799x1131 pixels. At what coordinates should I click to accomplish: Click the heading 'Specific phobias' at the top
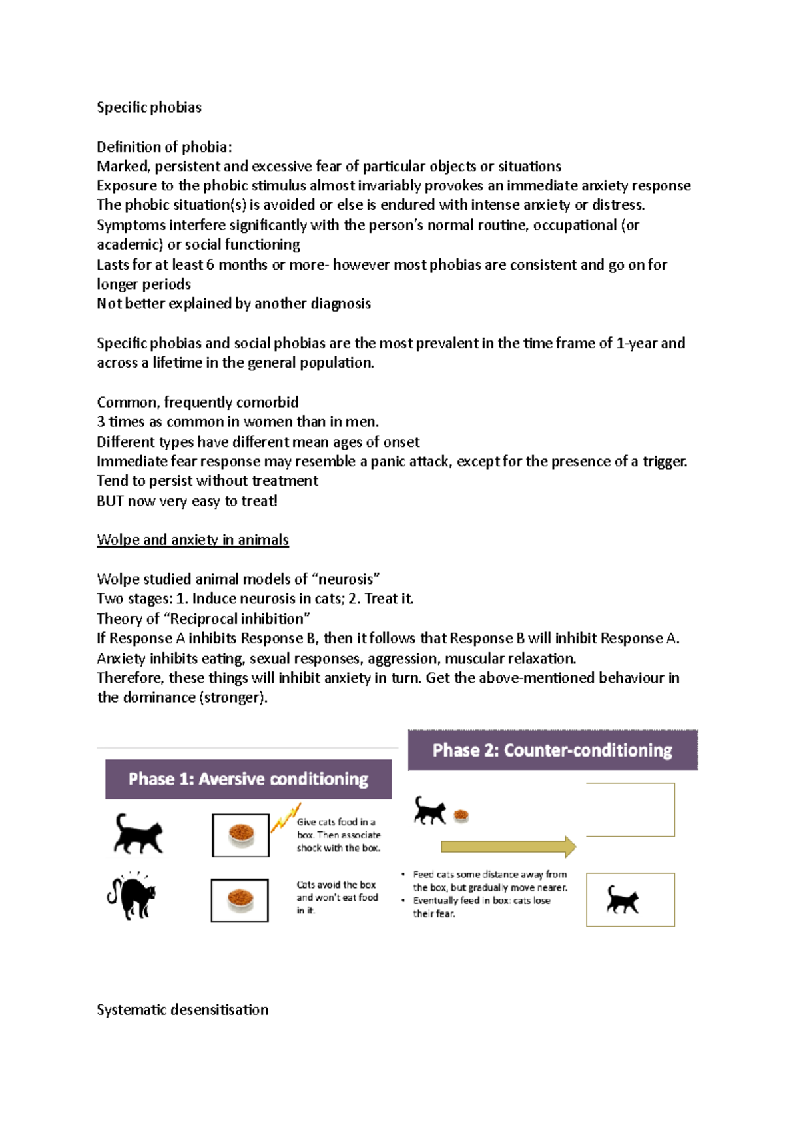[148, 107]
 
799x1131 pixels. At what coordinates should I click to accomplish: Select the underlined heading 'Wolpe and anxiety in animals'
[192, 540]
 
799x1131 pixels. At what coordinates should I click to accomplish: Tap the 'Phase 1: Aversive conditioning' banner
[248, 779]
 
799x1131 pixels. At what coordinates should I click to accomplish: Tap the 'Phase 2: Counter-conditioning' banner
[552, 750]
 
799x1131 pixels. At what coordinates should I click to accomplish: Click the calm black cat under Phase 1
[138, 833]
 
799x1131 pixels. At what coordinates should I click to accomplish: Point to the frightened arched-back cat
[132, 895]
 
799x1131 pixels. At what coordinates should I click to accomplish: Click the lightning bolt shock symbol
[285, 817]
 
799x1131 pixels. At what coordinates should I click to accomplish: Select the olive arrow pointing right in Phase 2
[508, 847]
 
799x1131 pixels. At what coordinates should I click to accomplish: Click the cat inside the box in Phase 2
[623, 899]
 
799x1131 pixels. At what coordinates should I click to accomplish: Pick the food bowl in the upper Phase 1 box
[241, 835]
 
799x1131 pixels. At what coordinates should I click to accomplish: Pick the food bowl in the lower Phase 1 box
[240, 900]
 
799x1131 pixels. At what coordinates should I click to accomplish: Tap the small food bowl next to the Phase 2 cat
[461, 815]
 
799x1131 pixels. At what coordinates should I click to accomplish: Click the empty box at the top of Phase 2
[630, 809]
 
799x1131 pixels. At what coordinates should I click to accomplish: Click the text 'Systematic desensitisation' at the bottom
[182, 1010]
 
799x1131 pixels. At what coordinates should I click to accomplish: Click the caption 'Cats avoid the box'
[336, 885]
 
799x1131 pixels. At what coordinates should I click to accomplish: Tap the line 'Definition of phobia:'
[164, 147]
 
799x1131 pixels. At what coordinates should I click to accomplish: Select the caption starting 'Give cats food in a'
[336, 822]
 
